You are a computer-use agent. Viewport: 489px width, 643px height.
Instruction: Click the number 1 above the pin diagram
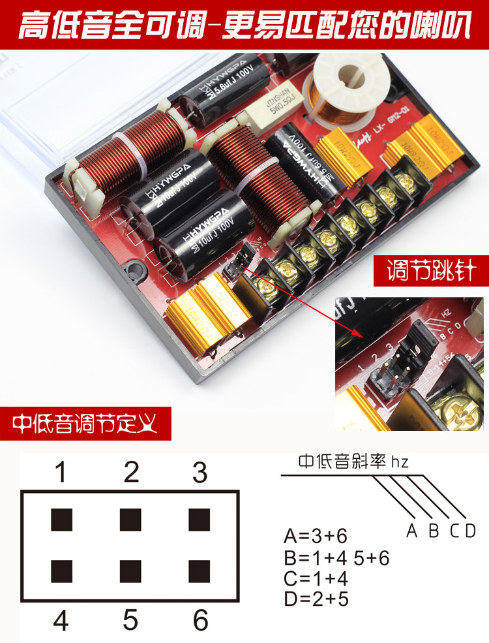(61, 471)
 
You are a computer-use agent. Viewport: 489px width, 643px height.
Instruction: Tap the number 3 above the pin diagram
(200, 471)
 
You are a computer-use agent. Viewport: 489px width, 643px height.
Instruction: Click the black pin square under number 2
(130, 520)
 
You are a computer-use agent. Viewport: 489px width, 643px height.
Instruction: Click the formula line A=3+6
(316, 537)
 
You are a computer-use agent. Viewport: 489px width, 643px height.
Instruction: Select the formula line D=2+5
(316, 599)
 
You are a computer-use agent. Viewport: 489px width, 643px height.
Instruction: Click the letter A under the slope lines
(411, 530)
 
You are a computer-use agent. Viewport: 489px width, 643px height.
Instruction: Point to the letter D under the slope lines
(470, 530)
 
